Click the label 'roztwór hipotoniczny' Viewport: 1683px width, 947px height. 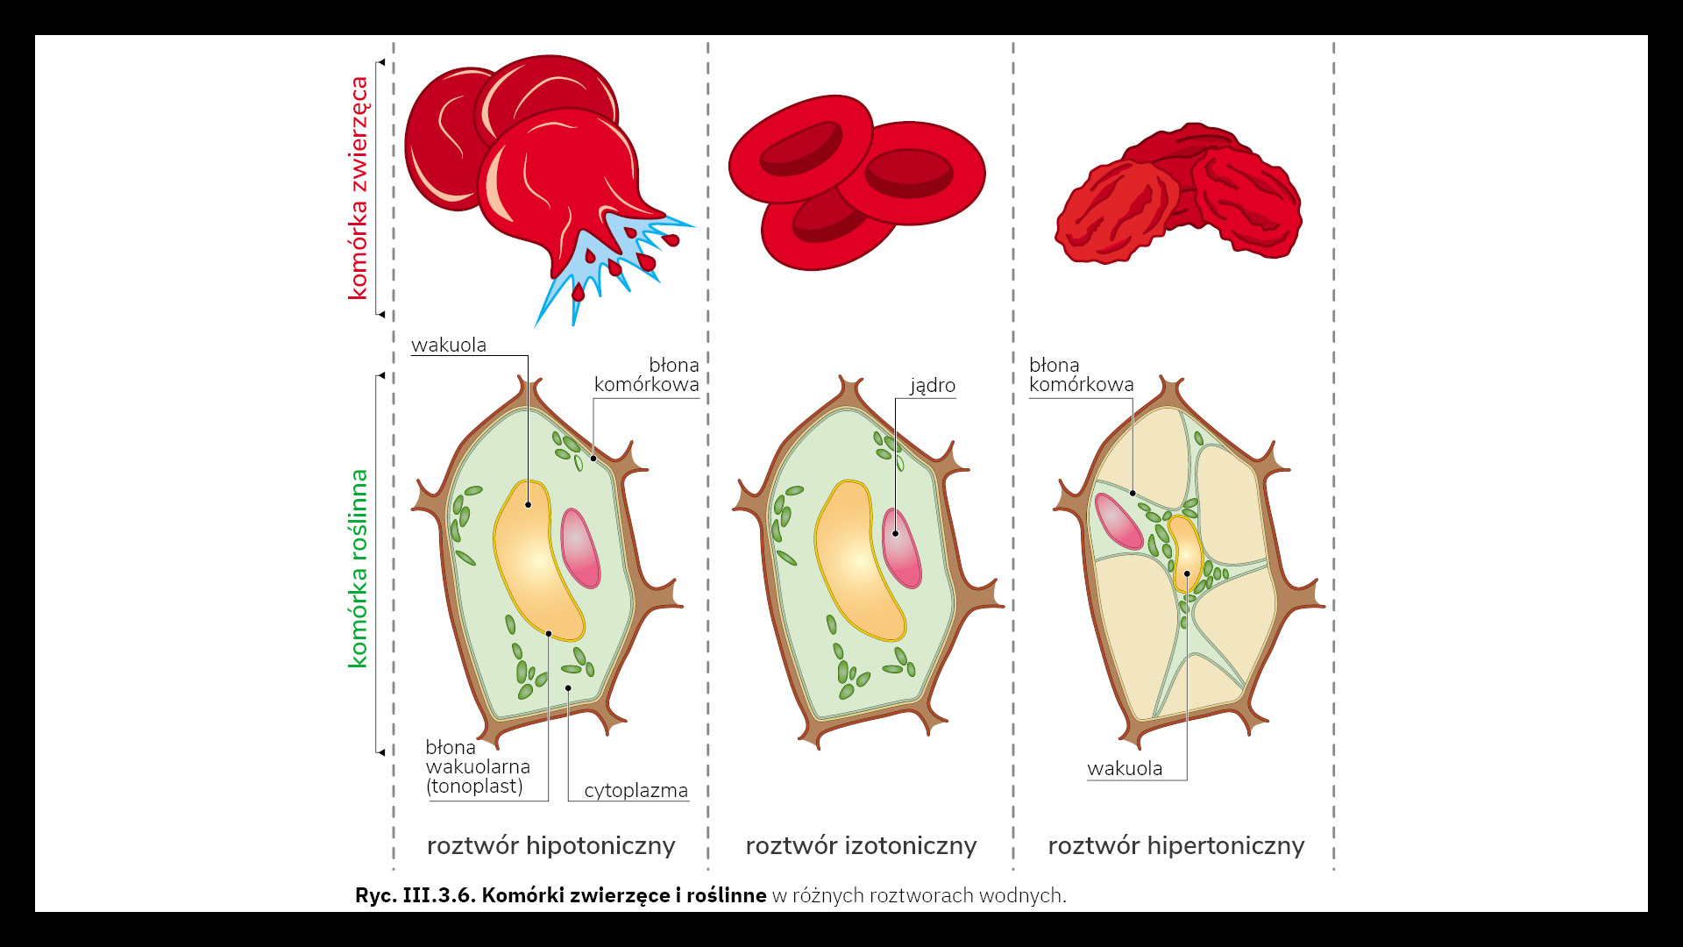tap(550, 845)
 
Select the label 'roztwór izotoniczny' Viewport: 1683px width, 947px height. tap(861, 845)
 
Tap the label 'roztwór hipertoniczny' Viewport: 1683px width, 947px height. tap(1175, 845)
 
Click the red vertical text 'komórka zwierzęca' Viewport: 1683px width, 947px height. tap(359, 188)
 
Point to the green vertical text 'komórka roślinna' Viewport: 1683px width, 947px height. tap(359, 568)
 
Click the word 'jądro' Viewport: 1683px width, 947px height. tap(932, 385)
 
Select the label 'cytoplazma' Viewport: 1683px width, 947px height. tap(636, 790)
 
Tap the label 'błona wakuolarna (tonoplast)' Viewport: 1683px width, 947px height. tap(478, 766)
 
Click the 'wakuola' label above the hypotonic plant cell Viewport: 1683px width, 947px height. tap(449, 345)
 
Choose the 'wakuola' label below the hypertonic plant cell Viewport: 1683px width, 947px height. tap(1125, 768)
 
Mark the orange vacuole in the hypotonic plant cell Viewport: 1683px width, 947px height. tap(536, 561)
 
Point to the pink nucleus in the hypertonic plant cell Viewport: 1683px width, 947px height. tap(1118, 521)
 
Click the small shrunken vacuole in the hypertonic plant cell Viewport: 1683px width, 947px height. tap(1187, 552)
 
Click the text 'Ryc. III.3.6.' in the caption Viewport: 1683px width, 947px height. tap(415, 895)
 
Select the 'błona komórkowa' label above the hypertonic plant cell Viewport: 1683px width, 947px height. tap(1081, 374)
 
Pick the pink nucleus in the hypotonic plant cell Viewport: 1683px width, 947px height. tap(580, 548)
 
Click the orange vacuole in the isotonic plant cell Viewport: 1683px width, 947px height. tap(856, 561)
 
